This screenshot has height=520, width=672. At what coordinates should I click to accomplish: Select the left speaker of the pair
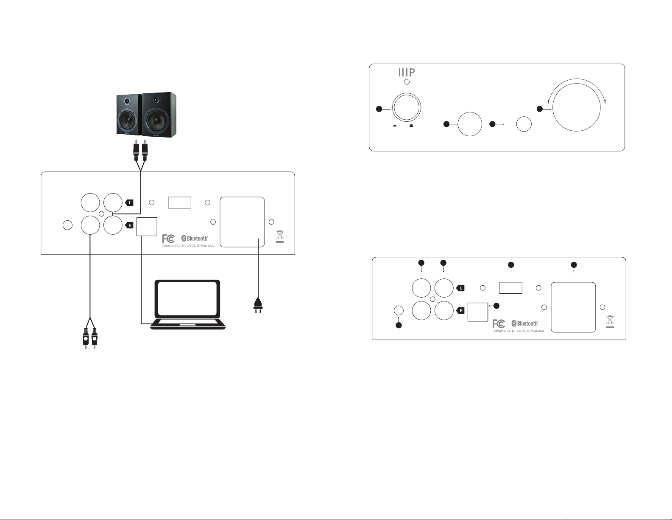pyautogui.click(x=129, y=115)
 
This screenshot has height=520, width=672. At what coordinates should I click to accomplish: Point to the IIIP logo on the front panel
pyautogui.click(x=406, y=72)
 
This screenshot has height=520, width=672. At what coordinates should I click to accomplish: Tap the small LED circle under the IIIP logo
pyautogui.click(x=407, y=82)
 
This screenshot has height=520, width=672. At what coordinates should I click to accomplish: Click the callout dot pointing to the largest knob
pyautogui.click(x=540, y=109)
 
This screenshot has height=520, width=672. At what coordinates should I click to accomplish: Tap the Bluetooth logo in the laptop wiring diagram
pyautogui.click(x=195, y=239)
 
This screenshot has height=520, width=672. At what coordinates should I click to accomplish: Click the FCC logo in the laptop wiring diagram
pyautogui.click(x=169, y=239)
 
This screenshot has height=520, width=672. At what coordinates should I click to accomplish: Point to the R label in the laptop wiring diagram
pyautogui.click(x=130, y=225)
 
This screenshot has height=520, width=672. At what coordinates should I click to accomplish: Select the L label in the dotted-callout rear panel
pyautogui.click(x=461, y=288)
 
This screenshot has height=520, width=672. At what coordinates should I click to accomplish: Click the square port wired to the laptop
pyautogui.click(x=147, y=226)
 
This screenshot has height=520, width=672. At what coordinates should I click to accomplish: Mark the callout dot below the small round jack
pyautogui.click(x=399, y=326)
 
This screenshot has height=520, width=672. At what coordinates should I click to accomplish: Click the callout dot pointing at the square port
pyautogui.click(x=497, y=305)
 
